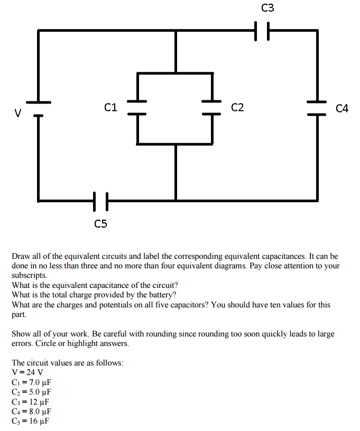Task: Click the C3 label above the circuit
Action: click(267, 8)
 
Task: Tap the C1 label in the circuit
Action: click(110, 108)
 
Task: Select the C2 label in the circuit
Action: click(237, 108)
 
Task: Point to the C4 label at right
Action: click(342, 109)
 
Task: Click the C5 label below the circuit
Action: click(100, 224)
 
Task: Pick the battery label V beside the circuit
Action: click(18, 113)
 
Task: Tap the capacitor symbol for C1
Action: click(137, 107)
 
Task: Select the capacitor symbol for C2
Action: click(213, 107)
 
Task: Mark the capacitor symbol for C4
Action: click(317, 108)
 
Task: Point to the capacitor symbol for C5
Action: click(101, 201)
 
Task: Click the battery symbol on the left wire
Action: click(39, 108)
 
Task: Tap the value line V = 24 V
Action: click(27, 372)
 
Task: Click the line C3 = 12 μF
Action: click(30, 401)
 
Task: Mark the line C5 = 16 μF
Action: click(30, 420)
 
